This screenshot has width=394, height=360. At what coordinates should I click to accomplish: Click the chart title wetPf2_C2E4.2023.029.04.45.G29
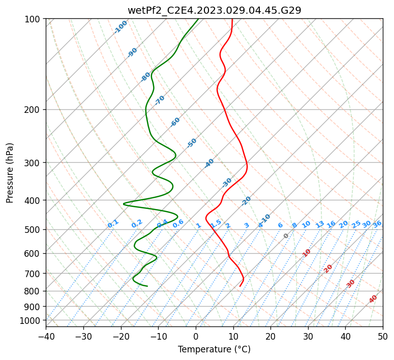click(x=214, y=10)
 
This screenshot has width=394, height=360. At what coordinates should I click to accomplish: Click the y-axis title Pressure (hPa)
click(x=10, y=173)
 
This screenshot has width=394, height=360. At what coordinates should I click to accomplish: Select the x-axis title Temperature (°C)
click(x=214, y=349)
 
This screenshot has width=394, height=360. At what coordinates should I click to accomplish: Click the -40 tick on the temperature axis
click(x=46, y=336)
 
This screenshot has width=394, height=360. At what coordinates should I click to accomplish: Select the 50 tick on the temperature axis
click(x=383, y=336)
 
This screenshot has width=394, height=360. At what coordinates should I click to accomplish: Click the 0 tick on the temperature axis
click(x=196, y=336)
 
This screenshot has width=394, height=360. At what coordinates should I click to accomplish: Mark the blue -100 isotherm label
click(x=120, y=27)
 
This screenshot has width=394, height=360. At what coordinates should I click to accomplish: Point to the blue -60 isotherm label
click(x=175, y=122)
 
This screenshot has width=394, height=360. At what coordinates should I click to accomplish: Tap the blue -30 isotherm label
click(x=227, y=183)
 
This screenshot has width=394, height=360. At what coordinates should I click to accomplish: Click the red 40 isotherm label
click(x=373, y=299)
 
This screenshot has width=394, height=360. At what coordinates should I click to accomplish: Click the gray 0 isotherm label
click(x=286, y=236)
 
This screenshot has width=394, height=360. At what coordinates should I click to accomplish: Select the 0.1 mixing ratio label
click(x=113, y=224)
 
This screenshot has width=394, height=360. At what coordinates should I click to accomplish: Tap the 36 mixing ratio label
click(x=377, y=224)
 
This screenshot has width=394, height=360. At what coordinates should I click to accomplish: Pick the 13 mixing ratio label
click(x=320, y=224)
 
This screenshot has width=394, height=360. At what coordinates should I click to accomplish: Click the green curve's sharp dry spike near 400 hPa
click(x=124, y=204)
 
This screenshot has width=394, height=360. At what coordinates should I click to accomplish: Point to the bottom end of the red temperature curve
click(x=240, y=286)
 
